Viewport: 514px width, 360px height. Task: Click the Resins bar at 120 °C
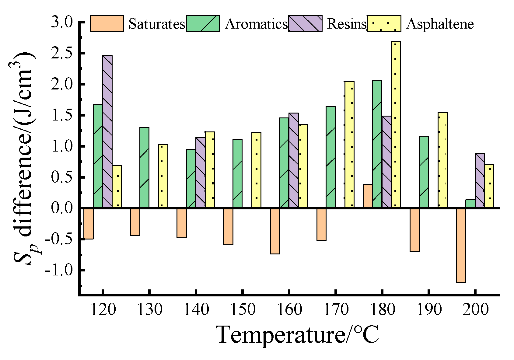pos(107,131)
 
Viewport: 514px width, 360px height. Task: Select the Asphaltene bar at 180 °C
pos(396,124)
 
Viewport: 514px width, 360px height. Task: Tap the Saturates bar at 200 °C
pos(461,245)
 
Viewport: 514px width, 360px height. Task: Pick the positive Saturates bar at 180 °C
pos(368,196)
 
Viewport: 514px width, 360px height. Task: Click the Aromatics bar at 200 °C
pos(470,204)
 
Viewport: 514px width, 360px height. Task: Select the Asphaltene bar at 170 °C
pos(349,145)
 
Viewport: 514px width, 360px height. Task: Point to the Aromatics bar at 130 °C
pos(144,168)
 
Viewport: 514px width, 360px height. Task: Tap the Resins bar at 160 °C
pos(293,160)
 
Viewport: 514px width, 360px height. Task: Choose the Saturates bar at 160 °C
pos(274,231)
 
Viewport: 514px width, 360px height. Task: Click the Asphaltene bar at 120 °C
pos(117,187)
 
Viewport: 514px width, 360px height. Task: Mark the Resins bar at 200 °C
pos(480,180)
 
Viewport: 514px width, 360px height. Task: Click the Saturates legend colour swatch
pos(107,23)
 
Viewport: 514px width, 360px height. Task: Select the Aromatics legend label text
pos(256,24)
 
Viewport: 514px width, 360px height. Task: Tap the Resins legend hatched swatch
pos(305,23)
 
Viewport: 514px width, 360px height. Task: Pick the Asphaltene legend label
pos(440,24)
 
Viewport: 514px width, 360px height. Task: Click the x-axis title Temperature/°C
pos(297,335)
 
